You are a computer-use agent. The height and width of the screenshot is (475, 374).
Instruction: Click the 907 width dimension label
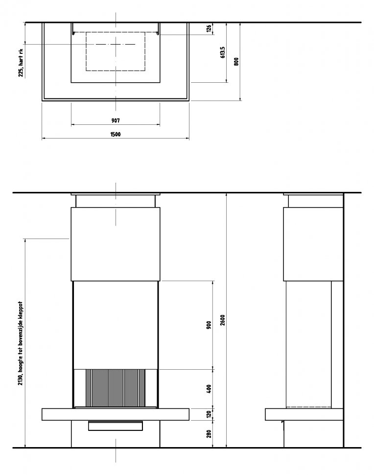(x=116, y=120)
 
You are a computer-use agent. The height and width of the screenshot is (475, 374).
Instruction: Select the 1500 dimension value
(x=116, y=134)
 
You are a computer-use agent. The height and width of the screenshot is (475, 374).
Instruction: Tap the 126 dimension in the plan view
(x=209, y=29)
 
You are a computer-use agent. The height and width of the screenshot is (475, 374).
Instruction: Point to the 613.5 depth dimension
(x=223, y=52)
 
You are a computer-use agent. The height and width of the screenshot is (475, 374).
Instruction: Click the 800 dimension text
(x=236, y=62)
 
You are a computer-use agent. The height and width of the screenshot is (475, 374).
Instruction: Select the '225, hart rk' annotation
(x=21, y=63)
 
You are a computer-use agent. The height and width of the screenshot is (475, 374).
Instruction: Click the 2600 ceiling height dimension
(x=223, y=320)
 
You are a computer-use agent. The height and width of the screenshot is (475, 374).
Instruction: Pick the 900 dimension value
(x=209, y=325)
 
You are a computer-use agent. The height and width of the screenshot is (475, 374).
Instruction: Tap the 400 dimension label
(x=209, y=389)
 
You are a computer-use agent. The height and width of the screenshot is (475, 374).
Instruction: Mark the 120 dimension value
(x=209, y=414)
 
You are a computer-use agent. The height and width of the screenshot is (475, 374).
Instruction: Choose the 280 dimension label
(x=209, y=434)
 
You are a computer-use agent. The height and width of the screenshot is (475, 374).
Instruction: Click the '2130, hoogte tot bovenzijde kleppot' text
(x=21, y=343)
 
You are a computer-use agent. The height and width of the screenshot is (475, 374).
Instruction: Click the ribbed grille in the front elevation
(x=116, y=388)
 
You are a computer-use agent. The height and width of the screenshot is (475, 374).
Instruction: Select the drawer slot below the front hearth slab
(x=116, y=426)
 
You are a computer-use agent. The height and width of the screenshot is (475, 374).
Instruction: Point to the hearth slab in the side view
(x=304, y=414)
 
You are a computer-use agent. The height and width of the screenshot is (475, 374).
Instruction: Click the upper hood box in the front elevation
(x=116, y=244)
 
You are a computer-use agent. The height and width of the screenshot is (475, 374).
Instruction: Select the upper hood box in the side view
(x=313, y=244)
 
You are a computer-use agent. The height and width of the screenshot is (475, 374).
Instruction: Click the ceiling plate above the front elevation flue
(x=116, y=194)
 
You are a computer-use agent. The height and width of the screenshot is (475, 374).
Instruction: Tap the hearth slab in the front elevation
(x=116, y=414)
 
